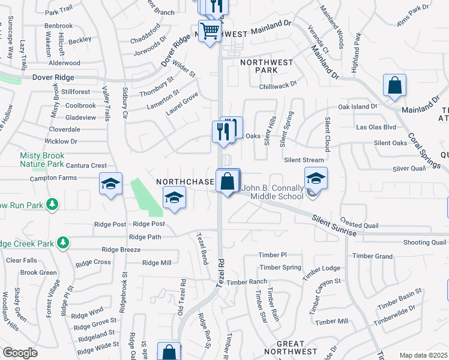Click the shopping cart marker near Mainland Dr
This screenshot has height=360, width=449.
coord(209,30)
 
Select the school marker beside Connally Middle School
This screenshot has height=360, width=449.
coord(316,178)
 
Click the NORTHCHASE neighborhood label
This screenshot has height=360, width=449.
coord(185,182)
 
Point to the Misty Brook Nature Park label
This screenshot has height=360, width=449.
coord(41,159)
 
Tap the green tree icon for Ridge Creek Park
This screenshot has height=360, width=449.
coord(62,243)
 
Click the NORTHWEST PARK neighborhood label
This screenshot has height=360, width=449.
coord(267,66)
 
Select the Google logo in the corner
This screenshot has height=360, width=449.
coord(20,353)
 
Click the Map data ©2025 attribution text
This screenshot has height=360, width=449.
coord(423,355)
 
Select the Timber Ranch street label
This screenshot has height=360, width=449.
coord(247,282)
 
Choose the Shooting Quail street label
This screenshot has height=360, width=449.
coord(424,242)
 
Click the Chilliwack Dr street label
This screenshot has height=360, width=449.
coord(278,86)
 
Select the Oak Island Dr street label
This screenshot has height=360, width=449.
coord(357,106)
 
